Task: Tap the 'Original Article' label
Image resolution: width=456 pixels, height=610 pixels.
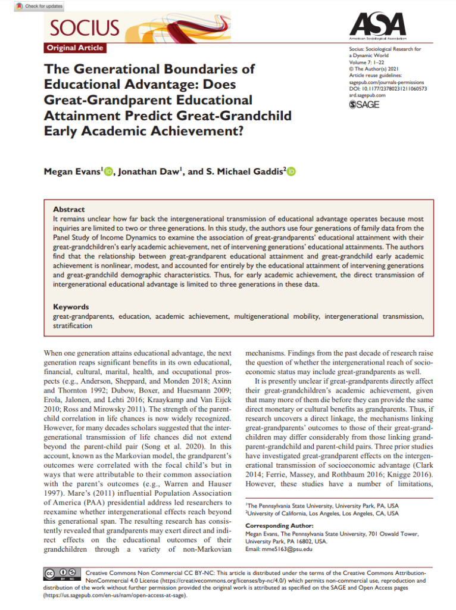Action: [75, 48]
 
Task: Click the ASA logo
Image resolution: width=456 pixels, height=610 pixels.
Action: [379, 26]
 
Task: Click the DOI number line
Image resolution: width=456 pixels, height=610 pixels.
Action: [388, 88]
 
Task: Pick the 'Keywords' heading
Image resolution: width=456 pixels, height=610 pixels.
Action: [71, 307]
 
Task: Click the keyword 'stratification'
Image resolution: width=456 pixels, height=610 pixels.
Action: [73, 326]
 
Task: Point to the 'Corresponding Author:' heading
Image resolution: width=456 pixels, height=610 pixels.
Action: [279, 525]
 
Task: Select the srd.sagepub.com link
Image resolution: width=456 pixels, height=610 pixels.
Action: [367, 95]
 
